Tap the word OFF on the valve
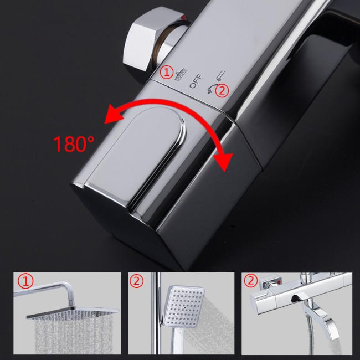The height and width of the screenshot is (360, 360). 196,81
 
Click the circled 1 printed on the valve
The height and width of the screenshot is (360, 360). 167,73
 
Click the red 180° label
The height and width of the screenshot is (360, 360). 74,144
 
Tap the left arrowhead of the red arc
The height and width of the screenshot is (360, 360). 114,114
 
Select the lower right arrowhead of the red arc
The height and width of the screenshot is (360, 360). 223,162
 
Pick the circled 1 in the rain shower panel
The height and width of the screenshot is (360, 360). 25,281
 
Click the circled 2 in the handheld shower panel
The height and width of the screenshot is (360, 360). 137,281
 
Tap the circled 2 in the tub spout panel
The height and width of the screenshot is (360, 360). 251,281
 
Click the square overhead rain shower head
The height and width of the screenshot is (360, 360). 73,312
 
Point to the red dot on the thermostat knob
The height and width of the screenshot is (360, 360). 279,282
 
